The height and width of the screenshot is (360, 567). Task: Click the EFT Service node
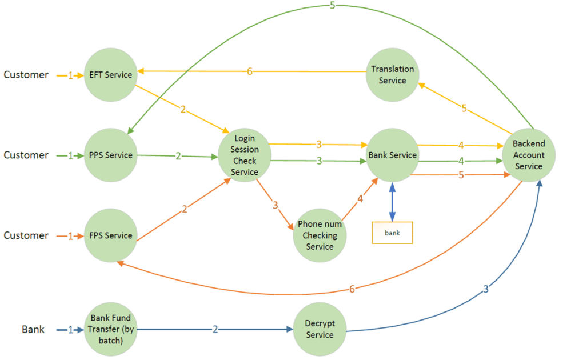tap(110, 75)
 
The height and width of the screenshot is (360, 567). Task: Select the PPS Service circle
tap(110, 155)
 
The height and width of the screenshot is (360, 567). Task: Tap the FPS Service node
tap(110, 235)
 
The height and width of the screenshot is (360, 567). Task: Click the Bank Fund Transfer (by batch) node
tap(110, 330)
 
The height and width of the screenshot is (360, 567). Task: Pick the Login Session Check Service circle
tap(245, 155)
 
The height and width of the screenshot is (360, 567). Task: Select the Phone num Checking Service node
tap(320, 235)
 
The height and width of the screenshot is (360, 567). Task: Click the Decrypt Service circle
tap(320, 330)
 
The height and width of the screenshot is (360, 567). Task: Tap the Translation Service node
tap(392, 75)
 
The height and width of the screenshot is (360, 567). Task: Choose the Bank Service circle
tap(392, 155)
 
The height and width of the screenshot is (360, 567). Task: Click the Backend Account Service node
tap(529, 155)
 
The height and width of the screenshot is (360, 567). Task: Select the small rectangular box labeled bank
tap(392, 233)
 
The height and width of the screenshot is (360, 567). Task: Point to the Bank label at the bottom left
tap(33, 330)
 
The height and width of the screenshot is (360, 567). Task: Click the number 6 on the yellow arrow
tap(249, 72)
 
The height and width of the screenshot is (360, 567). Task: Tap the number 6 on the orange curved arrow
tap(352, 289)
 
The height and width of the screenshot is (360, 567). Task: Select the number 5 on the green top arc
tap(333, 6)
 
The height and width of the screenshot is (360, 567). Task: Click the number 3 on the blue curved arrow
tap(486, 289)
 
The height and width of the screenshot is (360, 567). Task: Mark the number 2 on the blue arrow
tap(215, 330)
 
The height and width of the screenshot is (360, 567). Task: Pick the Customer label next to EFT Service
tap(26, 75)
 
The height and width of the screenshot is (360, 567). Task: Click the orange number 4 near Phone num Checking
tap(360, 199)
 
